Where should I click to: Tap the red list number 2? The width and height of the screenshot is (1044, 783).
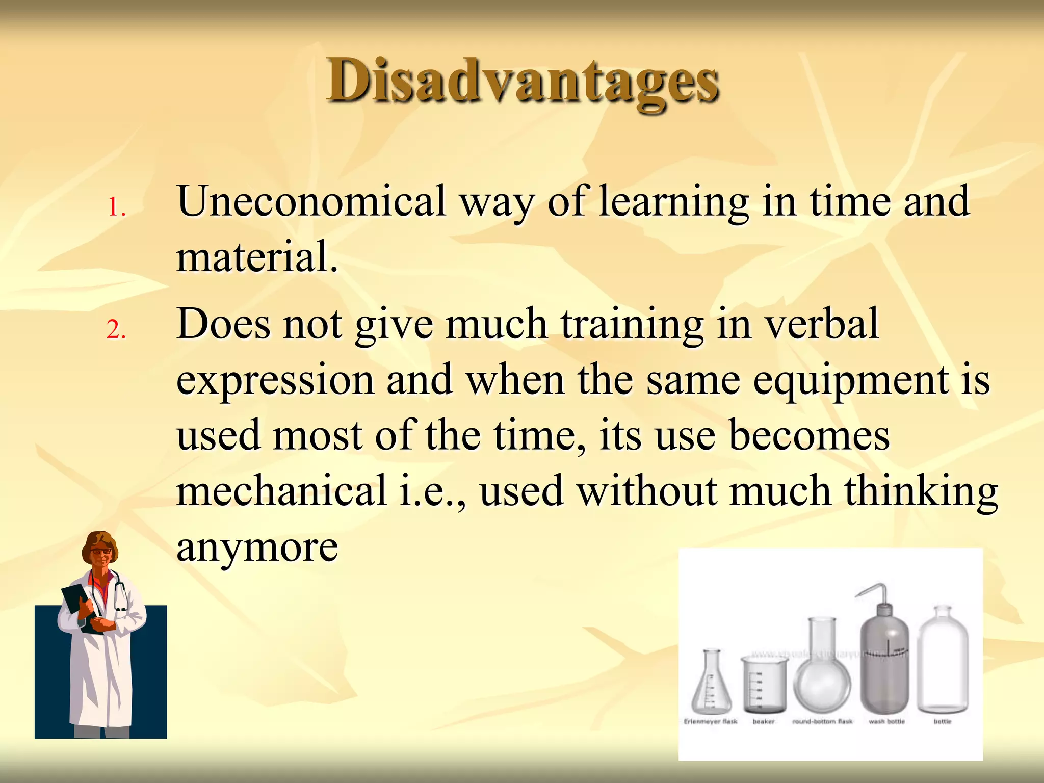[x=116, y=330]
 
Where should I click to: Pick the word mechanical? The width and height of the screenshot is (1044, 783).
[x=281, y=490]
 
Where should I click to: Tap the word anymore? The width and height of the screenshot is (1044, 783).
[x=257, y=547]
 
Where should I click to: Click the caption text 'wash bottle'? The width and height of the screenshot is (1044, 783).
[x=886, y=721]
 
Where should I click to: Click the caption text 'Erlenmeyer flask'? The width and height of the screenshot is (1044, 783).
[x=711, y=721]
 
